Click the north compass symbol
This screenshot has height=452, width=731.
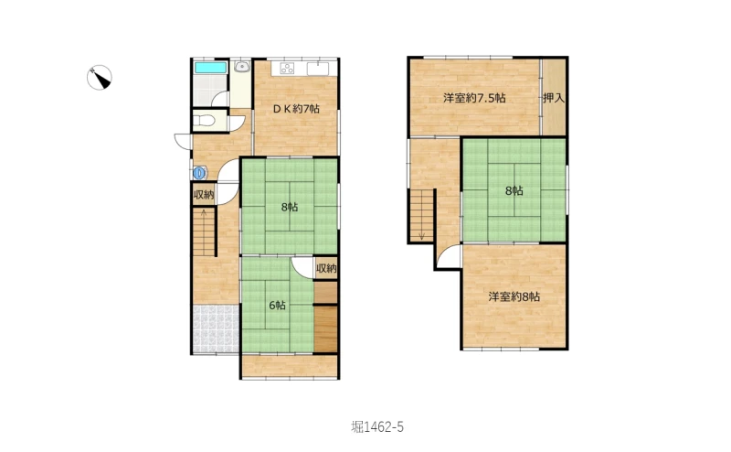pyautogui.click(x=100, y=77)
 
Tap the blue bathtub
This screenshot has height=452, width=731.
pyautogui.click(x=211, y=67)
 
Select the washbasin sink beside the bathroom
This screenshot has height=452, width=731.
pyautogui.click(x=241, y=66)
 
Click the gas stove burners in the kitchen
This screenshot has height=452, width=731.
pyautogui.click(x=287, y=69)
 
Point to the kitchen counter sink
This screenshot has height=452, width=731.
pyautogui.click(x=317, y=69)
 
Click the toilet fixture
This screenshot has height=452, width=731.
pyautogui.click(x=204, y=121)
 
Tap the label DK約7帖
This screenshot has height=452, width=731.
pyautogui.click(x=296, y=109)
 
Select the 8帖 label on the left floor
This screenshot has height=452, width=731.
pyautogui.click(x=290, y=207)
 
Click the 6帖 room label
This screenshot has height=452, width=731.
pyautogui.click(x=278, y=306)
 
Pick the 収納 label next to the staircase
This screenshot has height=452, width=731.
pyautogui.click(x=204, y=195)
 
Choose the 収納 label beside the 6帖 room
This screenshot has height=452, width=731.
pyautogui.click(x=326, y=268)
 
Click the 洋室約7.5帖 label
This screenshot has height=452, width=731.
pyautogui.click(x=474, y=98)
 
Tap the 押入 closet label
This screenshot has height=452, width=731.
pyautogui.click(x=554, y=98)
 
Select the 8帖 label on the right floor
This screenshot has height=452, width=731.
pyautogui.click(x=514, y=190)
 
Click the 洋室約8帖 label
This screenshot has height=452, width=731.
pyautogui.click(x=514, y=296)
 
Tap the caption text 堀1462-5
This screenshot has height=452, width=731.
pyautogui.click(x=377, y=426)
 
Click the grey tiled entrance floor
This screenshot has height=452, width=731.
pyautogui.click(x=216, y=328)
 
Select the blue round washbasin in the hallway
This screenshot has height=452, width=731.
pyautogui.click(x=200, y=173)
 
